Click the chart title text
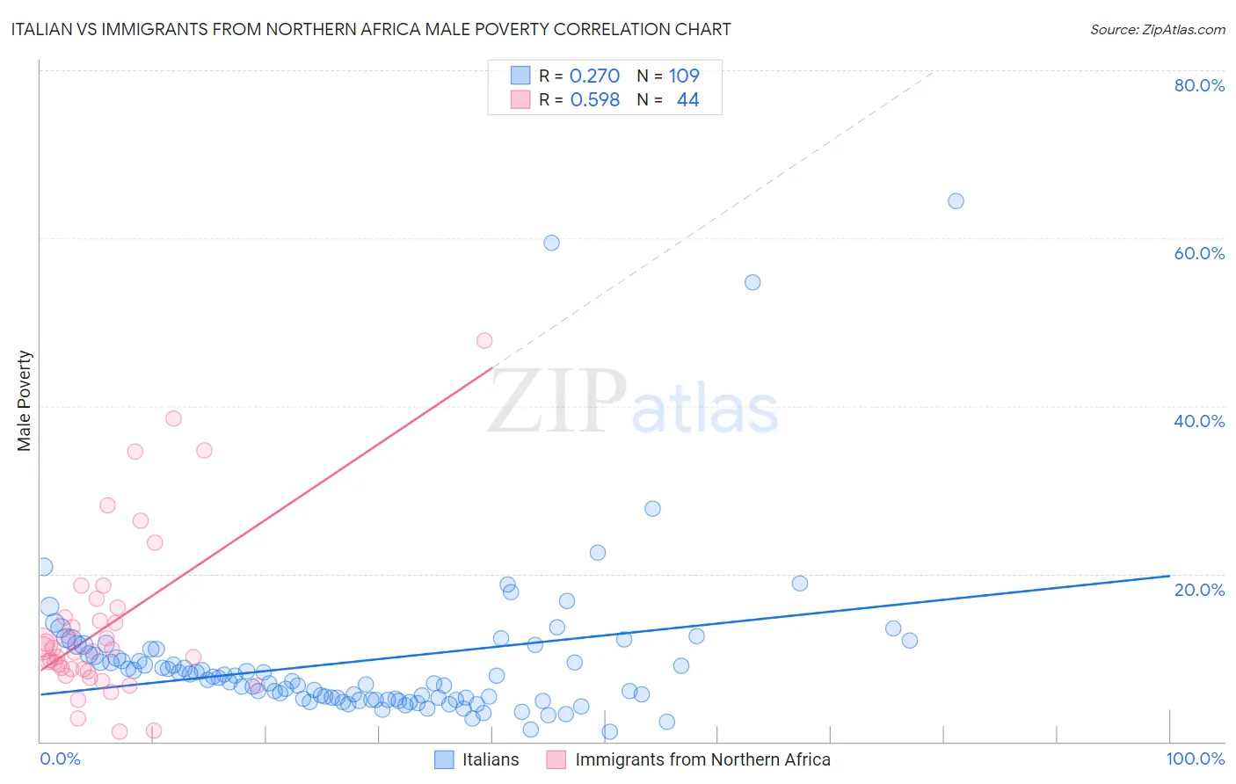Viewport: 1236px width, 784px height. (x=370, y=29)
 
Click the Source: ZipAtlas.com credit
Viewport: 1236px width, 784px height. (x=1157, y=29)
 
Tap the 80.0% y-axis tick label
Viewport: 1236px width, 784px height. (x=1199, y=85)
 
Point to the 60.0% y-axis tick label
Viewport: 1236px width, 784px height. (x=1199, y=253)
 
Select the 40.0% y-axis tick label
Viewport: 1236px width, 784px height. (x=1199, y=421)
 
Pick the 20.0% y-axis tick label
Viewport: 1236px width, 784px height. (x=1199, y=589)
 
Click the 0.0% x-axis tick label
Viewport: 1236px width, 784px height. (x=60, y=759)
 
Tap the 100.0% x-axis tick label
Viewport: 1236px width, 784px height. (x=1195, y=759)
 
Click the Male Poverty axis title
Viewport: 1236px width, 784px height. (x=25, y=401)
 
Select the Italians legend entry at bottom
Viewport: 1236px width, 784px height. (x=490, y=759)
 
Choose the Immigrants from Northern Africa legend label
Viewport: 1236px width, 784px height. (x=702, y=759)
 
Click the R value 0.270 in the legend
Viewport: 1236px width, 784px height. (x=594, y=76)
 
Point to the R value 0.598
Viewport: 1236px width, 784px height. (x=594, y=99)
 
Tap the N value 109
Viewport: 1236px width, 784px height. (x=684, y=76)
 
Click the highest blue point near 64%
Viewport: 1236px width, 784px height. (x=956, y=201)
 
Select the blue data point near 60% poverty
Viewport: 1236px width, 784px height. (x=551, y=243)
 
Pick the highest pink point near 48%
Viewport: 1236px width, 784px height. (x=484, y=340)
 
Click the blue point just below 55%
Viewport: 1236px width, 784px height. (x=753, y=282)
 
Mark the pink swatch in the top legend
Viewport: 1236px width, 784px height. (x=520, y=99)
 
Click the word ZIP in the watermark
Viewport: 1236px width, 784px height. (x=557, y=402)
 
